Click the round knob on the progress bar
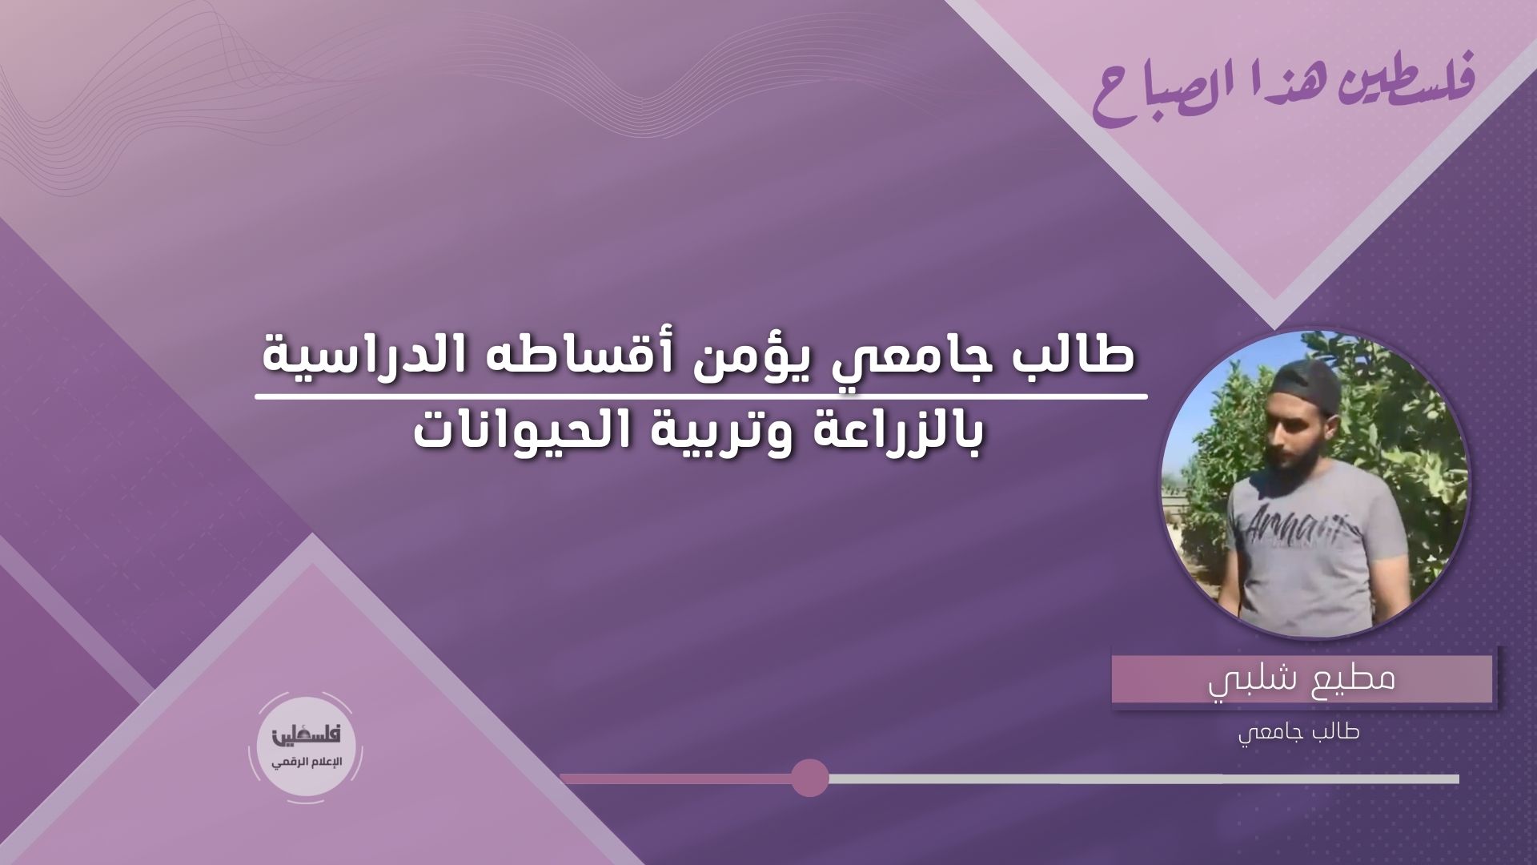tap(809, 778)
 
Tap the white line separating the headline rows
tap(701, 396)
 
